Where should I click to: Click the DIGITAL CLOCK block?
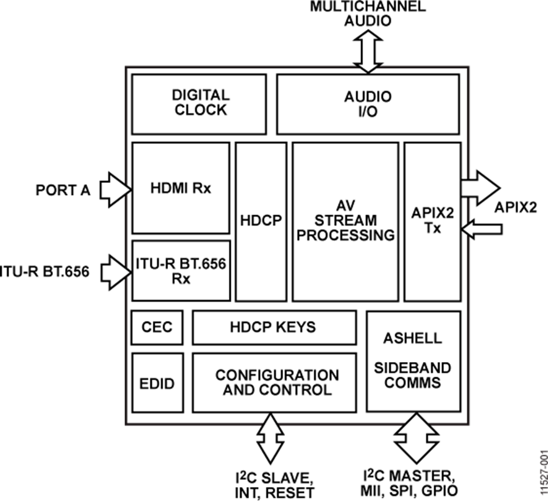[198, 104]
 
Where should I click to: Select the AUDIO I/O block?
[368, 104]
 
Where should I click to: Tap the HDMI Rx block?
[181, 188]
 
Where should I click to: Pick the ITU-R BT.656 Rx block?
[181, 270]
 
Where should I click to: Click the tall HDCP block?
[261, 221]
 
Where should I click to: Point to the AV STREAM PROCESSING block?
[345, 221]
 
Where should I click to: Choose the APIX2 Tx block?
[432, 221]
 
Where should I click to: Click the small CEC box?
[152, 327]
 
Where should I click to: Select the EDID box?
[152, 383]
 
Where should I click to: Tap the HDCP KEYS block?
[274, 327]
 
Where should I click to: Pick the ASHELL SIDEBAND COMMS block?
[413, 361]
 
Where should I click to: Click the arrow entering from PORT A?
[114, 189]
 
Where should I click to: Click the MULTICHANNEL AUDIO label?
[368, 13]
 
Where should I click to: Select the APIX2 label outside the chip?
[516, 207]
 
